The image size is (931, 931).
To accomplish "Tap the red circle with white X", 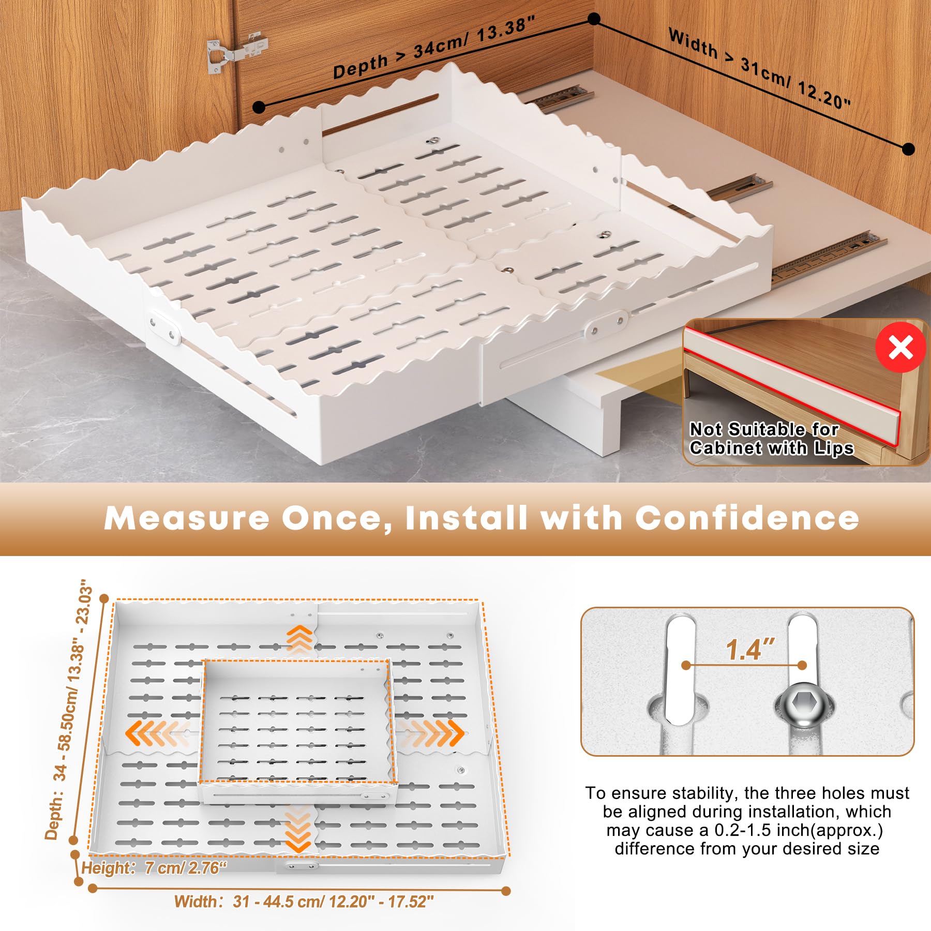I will pos(900,347).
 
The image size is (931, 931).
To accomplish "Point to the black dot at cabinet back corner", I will pos(594,19).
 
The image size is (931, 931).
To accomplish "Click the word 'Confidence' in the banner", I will pos(747,518).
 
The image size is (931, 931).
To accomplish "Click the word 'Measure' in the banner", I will pos(186,518).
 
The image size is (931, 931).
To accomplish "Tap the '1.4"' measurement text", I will pos(749,649).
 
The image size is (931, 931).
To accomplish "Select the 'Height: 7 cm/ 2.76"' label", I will pos(155,867).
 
